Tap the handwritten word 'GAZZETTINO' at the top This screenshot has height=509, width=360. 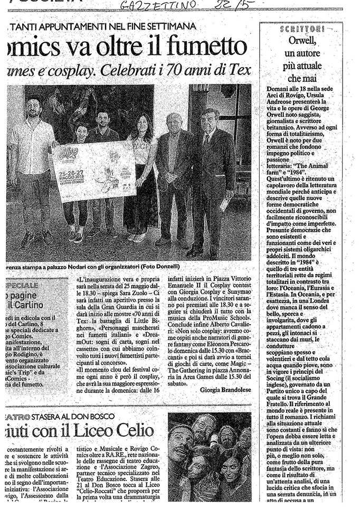(x=159, y=6)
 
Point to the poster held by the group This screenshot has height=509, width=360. (x=93, y=170)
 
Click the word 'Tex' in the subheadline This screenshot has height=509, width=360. (x=239, y=70)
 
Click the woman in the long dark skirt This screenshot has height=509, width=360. (x=141, y=174)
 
